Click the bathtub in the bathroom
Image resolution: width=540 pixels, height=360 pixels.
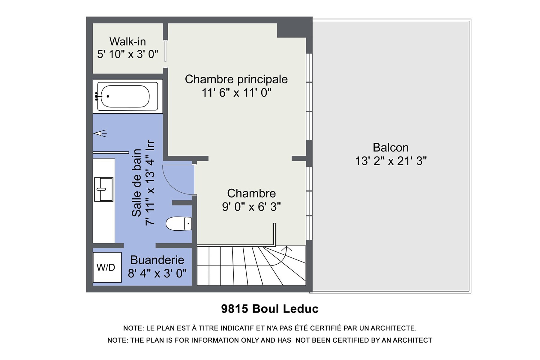(128, 96)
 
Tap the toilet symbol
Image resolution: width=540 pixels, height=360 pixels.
(179, 223)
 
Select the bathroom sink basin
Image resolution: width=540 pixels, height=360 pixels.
(104, 189)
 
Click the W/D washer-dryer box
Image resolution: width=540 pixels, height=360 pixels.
(107, 267)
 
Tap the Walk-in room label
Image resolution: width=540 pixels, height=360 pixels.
(127, 41)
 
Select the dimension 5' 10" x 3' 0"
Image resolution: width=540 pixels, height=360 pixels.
(127, 54)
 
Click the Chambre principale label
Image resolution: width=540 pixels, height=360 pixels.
(236, 79)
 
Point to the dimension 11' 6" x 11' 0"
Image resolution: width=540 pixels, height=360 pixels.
(236, 93)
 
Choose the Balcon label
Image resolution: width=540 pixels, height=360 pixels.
(391, 148)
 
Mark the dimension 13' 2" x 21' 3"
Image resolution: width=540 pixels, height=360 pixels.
(391, 161)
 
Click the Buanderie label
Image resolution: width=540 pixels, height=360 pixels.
(157, 260)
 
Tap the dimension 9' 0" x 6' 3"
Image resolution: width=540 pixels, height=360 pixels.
(251, 207)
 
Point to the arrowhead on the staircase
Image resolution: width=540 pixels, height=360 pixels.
(287, 248)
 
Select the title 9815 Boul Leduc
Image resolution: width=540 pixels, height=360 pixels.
(270, 309)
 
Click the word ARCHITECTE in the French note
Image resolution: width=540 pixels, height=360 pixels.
(393, 328)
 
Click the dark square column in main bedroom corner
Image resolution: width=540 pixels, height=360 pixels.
(291, 30)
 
